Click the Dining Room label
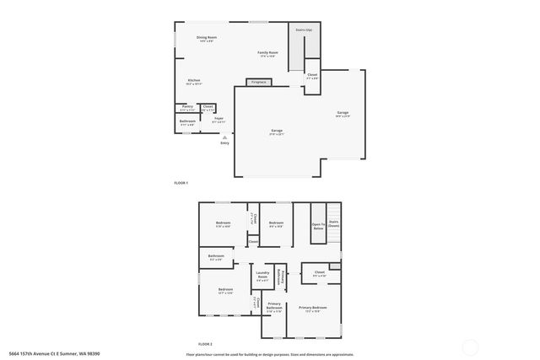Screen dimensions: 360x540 (207, 38)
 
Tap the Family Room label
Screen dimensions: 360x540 (268, 54)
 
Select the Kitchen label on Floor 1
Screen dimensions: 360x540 (193, 81)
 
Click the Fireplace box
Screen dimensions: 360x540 (258, 82)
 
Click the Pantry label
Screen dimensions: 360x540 (187, 107)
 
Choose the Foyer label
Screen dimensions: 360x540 (219, 119)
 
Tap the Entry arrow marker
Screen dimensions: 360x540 (224, 136)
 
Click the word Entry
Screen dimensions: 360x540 (224, 143)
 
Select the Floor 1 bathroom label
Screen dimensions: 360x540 (187, 122)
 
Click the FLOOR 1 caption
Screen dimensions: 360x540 (181, 183)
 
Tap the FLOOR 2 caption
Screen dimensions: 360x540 (205, 344)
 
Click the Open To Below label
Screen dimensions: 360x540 (318, 226)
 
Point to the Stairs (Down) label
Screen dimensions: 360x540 (334, 223)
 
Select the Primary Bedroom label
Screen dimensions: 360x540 (312, 309)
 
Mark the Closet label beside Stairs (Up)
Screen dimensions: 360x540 (312, 75)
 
